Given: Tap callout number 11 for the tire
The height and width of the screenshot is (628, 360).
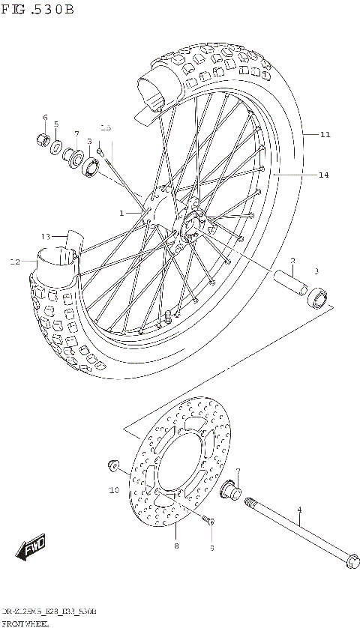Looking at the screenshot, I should tap(325, 135).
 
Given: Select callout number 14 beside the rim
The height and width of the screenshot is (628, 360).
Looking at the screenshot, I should tap(323, 175).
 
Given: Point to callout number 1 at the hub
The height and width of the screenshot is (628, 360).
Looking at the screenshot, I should tap(121, 213).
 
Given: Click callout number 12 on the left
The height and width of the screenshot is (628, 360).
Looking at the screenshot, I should tap(15, 262).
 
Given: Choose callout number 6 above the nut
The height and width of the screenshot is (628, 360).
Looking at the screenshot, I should tap(45, 118).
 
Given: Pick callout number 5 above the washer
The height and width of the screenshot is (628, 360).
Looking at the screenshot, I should tap(55, 124).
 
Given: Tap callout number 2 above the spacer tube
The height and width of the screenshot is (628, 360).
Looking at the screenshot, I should tap(293, 261).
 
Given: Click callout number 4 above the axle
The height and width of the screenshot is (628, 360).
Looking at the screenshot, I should tap(298, 510).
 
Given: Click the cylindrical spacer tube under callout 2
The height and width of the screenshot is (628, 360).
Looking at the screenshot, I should tap(289, 286).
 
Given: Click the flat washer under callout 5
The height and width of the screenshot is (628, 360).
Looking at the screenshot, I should tap(57, 145).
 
